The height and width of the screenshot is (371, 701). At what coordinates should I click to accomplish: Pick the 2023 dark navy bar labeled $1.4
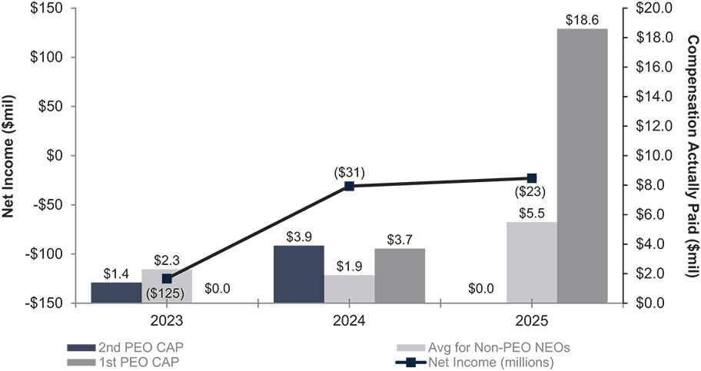[116, 293]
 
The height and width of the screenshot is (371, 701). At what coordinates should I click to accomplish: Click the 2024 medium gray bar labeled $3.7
[400, 275]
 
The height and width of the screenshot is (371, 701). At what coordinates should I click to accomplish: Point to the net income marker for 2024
[349, 185]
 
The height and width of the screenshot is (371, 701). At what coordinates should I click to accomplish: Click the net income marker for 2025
[532, 178]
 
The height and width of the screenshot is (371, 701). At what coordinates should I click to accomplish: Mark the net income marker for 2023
[167, 279]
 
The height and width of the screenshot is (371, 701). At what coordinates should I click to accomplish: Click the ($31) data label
[349, 172]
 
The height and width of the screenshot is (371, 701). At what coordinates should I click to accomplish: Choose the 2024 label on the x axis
[349, 316]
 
